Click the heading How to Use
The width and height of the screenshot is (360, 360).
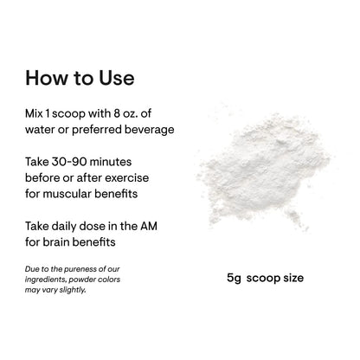(80, 78)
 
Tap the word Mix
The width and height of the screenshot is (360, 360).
(34, 113)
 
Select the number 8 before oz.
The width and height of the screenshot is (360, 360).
(117, 113)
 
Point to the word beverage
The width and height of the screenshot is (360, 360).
(150, 130)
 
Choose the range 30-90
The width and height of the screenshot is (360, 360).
(69, 162)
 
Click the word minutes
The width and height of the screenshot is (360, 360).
(111, 162)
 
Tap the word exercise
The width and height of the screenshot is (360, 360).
(127, 178)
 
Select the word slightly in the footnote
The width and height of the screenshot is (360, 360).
(73, 290)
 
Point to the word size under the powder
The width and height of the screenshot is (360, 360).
(293, 278)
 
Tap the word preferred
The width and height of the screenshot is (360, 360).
(97, 130)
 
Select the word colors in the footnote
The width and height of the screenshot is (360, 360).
(109, 280)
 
